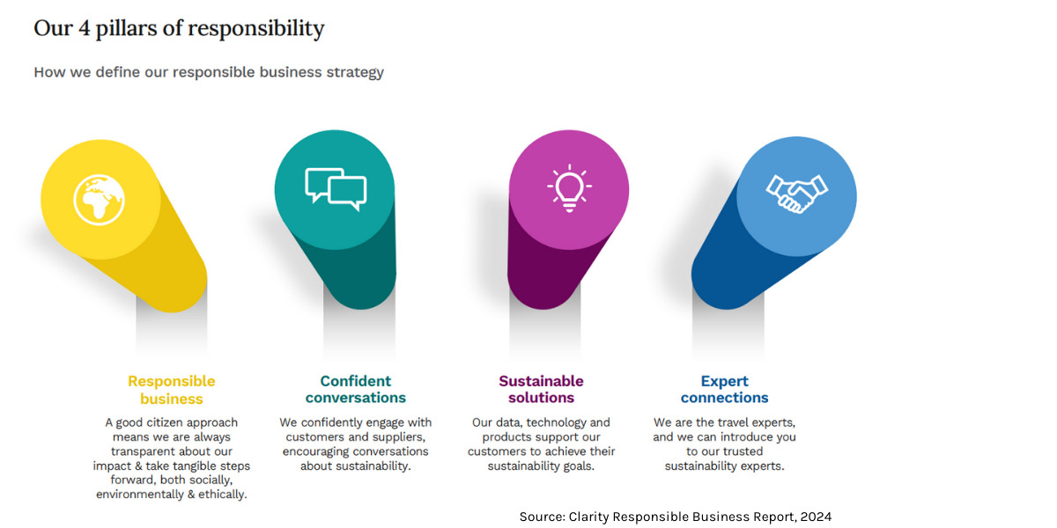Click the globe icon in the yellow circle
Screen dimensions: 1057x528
pyautogui.click(x=99, y=200)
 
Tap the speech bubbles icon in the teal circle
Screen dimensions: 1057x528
pyautogui.click(x=336, y=189)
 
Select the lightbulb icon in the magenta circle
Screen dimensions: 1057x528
pyautogui.click(x=569, y=188)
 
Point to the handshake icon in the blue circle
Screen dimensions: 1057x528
pyautogui.click(x=796, y=194)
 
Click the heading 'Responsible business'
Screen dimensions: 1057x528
pyautogui.click(x=171, y=390)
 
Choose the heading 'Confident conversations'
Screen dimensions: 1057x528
pyautogui.click(x=355, y=389)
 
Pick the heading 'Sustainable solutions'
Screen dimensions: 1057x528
pyautogui.click(x=541, y=389)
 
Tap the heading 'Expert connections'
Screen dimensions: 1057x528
pyautogui.click(x=724, y=389)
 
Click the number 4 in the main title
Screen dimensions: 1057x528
pyautogui.click(x=84, y=28)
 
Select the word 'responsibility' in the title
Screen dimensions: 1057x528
pyautogui.click(x=256, y=29)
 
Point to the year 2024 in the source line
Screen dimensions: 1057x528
pyautogui.click(x=816, y=517)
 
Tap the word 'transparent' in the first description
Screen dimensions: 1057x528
pyautogui.click(x=142, y=451)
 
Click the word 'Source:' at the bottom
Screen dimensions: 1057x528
pyautogui.click(x=543, y=517)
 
